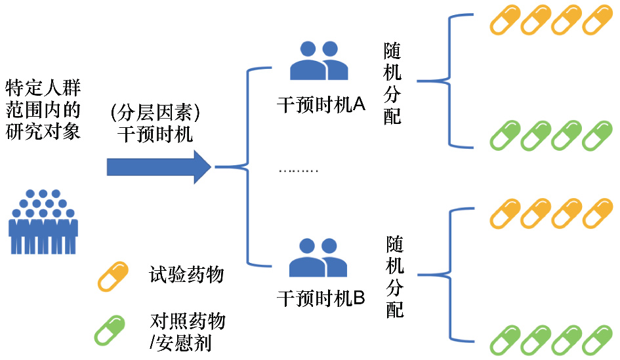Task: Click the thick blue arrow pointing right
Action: click(159, 167)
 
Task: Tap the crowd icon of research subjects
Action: click(43, 222)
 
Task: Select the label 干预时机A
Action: click(321, 105)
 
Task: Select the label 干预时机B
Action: click(321, 298)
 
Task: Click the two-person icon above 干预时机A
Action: click(319, 61)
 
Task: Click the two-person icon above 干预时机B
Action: click(318, 257)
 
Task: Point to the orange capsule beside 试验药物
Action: click(113, 277)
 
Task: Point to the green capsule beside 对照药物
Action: click(110, 330)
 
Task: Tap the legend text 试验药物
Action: click(186, 274)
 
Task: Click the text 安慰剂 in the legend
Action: click(184, 342)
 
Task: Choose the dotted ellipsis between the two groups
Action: click(299, 170)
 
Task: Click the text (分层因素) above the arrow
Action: click(155, 113)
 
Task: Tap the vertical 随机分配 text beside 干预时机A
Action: click(392, 84)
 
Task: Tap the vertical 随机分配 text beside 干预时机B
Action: click(395, 277)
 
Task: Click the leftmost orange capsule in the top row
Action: click(505, 20)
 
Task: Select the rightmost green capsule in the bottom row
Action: click(597, 340)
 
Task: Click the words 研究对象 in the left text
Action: click(43, 132)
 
